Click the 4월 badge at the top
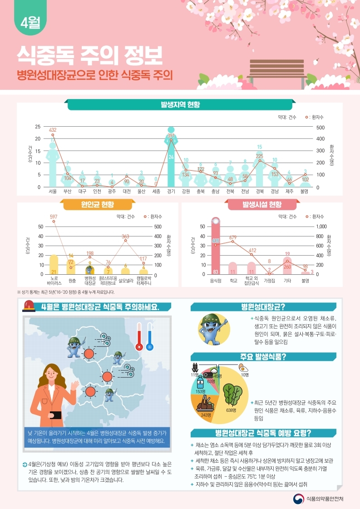pyautogui.click(x=30, y=23)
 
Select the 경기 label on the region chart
pyautogui.click(x=171, y=192)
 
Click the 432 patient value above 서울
pyautogui.click(x=53, y=130)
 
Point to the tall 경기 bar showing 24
pyautogui.click(x=171, y=159)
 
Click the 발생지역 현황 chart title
pyautogui.click(x=180, y=105)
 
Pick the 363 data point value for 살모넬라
pyautogui.click(x=126, y=236)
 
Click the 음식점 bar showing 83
pyautogui.click(x=216, y=247)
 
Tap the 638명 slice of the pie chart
pyautogui.click(x=232, y=400)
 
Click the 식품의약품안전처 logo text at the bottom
pyautogui.click(x=325, y=498)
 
